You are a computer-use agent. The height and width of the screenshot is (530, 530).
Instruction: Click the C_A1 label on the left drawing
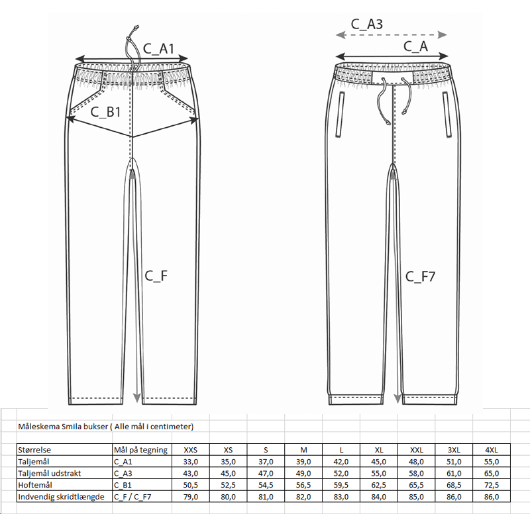click(x=158, y=48)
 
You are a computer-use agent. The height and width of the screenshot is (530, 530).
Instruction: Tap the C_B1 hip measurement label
click(x=105, y=111)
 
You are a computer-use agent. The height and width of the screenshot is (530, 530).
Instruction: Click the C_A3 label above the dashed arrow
click(x=366, y=24)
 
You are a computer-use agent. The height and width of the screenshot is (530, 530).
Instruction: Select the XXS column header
click(x=190, y=450)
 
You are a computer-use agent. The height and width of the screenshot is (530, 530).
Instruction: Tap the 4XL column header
click(x=492, y=450)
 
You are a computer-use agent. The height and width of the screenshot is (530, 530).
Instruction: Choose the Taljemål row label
click(x=34, y=462)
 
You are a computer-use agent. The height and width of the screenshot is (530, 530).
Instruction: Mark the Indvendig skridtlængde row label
click(x=61, y=496)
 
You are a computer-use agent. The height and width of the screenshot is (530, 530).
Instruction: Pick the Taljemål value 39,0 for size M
click(x=303, y=462)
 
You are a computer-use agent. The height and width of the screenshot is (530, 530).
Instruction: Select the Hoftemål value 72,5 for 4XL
click(x=492, y=485)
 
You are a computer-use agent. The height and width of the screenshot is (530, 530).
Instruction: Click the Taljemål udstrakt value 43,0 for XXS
click(x=190, y=473)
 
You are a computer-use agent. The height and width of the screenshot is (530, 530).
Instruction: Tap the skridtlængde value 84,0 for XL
click(x=379, y=496)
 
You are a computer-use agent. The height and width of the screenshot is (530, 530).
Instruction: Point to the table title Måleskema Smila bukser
click(x=106, y=426)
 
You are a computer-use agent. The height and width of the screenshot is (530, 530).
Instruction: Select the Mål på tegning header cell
click(x=141, y=450)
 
